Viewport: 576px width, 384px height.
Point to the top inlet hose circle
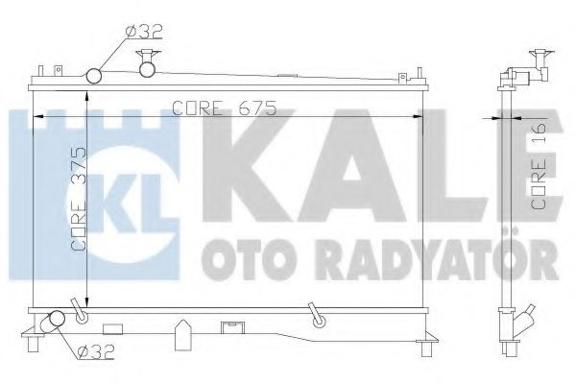(96, 75)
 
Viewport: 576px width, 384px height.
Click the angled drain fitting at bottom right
(313, 315)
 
